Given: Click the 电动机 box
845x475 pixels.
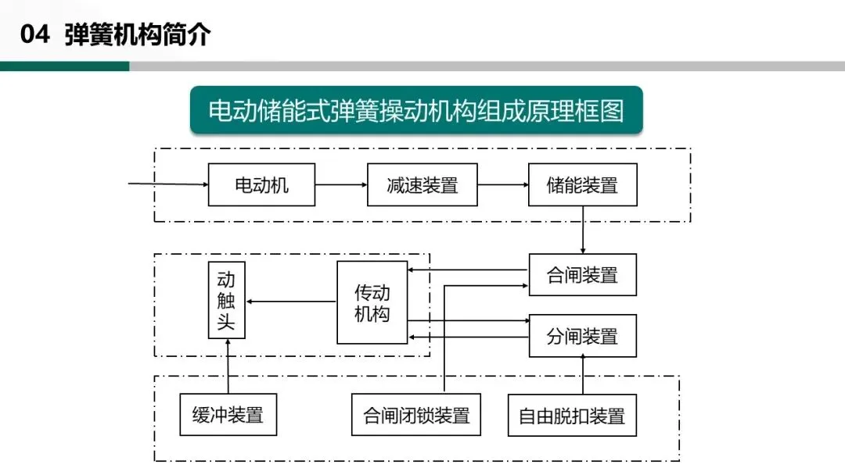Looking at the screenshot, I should coord(261,184).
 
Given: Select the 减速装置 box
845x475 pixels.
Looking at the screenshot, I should coord(422,184).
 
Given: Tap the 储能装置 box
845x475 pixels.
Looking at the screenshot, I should coord(582,184).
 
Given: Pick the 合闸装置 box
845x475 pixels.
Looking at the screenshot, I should coord(582,274).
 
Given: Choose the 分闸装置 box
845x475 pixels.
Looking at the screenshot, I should coord(582,336).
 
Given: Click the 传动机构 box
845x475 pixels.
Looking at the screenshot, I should coord(372,302).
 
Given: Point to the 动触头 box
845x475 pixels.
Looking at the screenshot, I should coord(226,301).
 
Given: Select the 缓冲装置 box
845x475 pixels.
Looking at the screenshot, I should coord(228,414).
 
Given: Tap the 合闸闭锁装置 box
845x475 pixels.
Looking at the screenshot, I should coord(415,414).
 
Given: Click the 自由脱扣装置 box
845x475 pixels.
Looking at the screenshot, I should coord(572,415).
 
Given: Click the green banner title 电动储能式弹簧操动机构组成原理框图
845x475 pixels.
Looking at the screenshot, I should coord(416,110).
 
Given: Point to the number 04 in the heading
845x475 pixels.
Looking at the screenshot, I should coord(34,35).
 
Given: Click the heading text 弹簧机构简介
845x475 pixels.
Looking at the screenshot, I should coord(138,35).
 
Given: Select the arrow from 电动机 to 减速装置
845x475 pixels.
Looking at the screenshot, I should coord(341,184).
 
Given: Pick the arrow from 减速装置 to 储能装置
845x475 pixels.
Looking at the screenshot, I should coord(502,184).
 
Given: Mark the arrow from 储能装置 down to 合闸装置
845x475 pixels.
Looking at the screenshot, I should coord(583,230).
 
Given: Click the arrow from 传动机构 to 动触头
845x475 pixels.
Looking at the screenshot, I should coord(290,302).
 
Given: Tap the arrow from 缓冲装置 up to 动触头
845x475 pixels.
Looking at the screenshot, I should coord(228,366).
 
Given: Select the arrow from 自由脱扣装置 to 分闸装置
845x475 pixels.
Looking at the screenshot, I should coord(583,375).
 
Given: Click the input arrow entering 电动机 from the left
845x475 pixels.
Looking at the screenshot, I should coord(168,184).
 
